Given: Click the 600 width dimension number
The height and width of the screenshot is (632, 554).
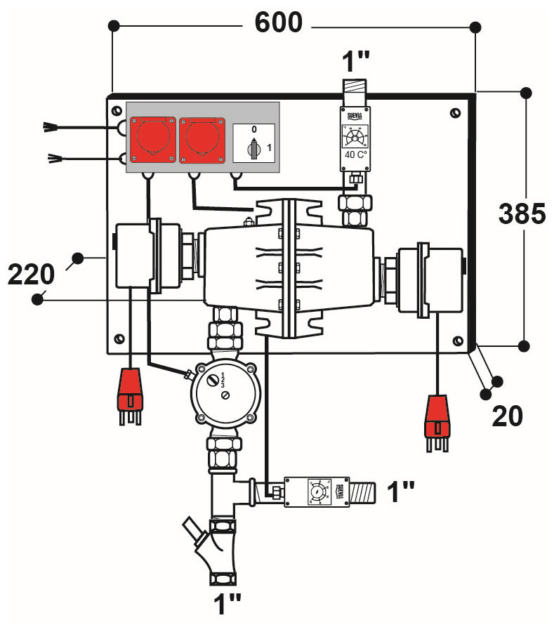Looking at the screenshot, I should (x=278, y=22).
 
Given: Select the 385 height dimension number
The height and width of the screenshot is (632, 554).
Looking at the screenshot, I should (x=522, y=213).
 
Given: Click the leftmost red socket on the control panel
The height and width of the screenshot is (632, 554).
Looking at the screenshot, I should (x=150, y=136).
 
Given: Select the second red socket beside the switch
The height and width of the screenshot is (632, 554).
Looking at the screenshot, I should (x=202, y=137).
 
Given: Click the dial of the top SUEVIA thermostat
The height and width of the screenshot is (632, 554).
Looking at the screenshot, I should (x=355, y=134).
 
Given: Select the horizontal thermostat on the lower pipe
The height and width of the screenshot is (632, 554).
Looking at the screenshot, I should (x=317, y=492).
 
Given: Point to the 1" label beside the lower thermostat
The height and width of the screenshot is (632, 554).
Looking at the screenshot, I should (x=401, y=492).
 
